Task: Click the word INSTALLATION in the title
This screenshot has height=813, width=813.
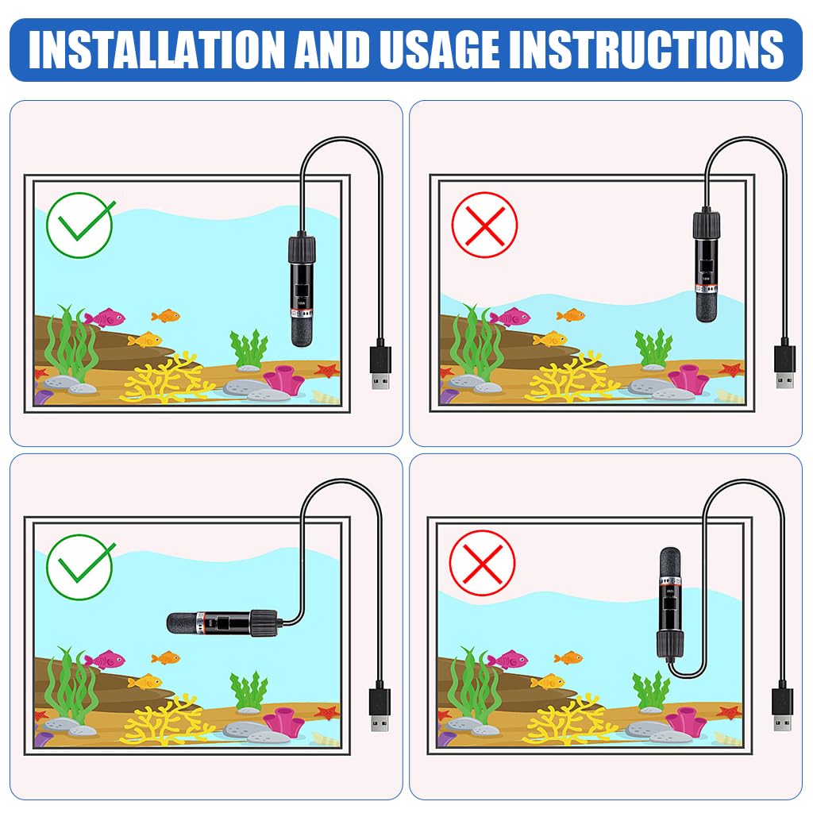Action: tap(156, 49)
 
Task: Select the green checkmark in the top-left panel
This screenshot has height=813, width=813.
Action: tap(80, 225)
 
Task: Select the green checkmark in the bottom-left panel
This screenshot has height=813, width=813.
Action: tap(80, 567)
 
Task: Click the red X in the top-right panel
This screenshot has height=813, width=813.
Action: tap(484, 225)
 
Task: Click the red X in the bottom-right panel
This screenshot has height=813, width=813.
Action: tap(482, 563)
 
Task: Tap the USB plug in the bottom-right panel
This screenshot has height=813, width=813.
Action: tap(782, 708)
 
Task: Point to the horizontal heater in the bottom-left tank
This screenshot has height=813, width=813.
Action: tap(222, 620)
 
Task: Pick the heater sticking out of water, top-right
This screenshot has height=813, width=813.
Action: tap(707, 267)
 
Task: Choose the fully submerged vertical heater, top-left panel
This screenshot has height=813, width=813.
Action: tap(302, 290)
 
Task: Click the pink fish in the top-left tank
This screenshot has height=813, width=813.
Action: tap(105, 318)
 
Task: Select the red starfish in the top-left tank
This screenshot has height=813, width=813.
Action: tap(326, 370)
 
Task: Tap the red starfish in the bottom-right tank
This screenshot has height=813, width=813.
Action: tap(728, 711)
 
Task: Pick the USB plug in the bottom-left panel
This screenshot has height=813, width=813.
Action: tap(380, 708)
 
